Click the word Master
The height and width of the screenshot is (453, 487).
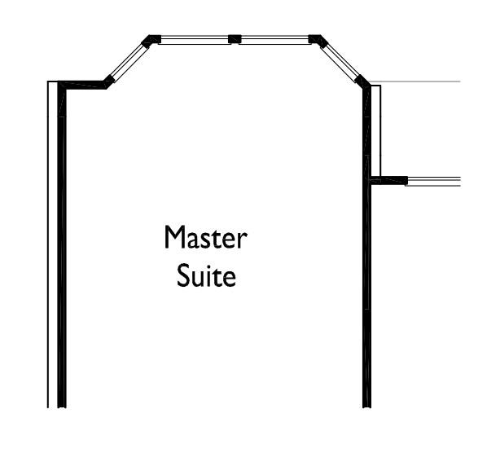205,237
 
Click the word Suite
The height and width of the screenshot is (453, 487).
206,275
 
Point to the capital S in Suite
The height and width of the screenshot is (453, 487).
183,275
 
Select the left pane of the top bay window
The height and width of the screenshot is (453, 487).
195,40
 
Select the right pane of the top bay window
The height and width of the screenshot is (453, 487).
274,40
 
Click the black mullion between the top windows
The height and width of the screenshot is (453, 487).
235,39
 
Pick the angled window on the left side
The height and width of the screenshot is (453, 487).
129,62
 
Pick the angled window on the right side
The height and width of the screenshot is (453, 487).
340,62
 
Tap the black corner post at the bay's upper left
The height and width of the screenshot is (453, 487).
151,41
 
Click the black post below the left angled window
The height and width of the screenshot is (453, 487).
109,81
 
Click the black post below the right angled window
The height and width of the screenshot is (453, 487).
362,81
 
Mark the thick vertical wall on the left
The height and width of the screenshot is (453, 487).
62,245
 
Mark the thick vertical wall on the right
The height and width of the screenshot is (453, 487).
366,245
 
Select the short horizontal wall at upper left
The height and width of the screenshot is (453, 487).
82,85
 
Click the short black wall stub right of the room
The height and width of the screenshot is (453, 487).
388,180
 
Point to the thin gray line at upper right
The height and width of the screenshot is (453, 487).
415,81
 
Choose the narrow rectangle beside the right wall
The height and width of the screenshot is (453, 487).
376,130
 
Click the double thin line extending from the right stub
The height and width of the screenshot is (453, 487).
434,182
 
